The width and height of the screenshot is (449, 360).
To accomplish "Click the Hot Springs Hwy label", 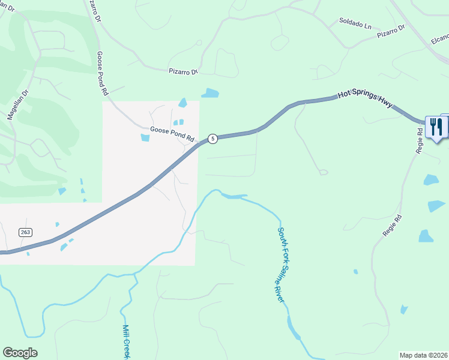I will tap(365, 99).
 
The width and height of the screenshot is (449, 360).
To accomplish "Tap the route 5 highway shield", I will tap(212, 139).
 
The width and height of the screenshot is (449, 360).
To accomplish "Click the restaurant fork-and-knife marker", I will tap(436, 127).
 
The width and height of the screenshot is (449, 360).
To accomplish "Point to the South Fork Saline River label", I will tap(280, 263).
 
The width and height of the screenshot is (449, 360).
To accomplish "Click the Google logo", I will tap(20, 353).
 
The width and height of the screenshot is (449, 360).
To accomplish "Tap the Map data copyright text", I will tap(423, 355).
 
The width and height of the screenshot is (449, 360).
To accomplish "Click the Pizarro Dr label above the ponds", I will tap(182, 71).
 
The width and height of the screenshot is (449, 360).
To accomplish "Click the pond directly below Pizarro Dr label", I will tap(210, 93).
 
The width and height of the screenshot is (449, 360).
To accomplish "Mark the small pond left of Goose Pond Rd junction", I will tap(145, 138).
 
